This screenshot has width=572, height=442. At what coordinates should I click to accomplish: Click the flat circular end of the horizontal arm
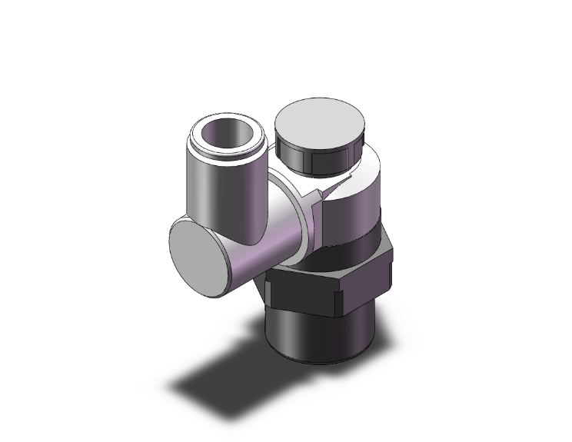[x=199, y=251]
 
